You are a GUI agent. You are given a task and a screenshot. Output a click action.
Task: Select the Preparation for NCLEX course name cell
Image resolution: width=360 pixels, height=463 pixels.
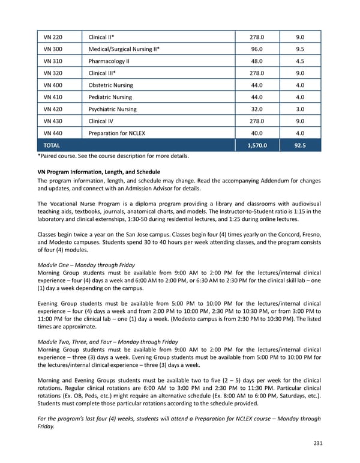tap(116, 133)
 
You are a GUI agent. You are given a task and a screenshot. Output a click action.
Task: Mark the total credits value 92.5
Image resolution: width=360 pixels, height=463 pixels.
tap(300, 145)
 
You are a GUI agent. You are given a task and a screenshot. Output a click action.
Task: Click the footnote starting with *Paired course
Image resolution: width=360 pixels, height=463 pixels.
tap(113, 157)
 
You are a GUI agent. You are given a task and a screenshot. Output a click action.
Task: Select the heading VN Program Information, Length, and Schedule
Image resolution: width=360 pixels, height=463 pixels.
tap(99, 172)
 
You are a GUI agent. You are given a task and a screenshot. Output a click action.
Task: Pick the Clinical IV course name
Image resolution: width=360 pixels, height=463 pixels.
tap(101, 121)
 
